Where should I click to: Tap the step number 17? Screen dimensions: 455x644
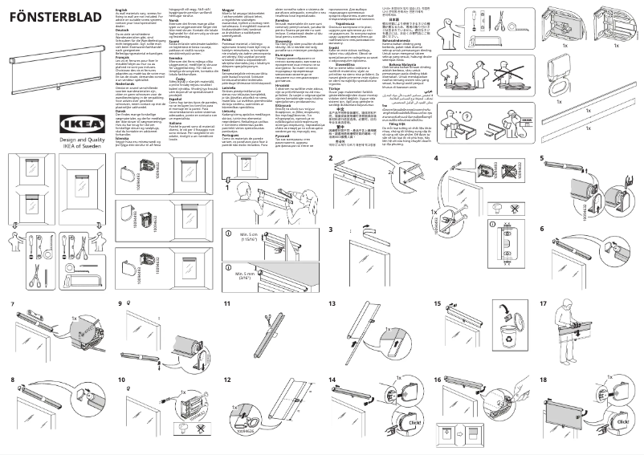(x=544, y=304)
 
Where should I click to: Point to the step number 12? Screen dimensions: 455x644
(x=227, y=380)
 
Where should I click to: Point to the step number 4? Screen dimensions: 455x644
(x=437, y=158)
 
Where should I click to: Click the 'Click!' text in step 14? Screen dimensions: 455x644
(x=414, y=422)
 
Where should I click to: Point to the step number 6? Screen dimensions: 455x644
(x=543, y=230)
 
